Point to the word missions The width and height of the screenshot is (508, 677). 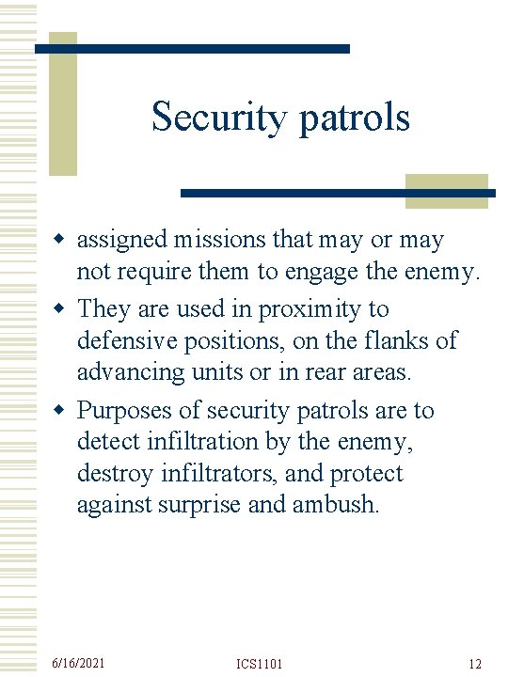pyautogui.click(x=214, y=241)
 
